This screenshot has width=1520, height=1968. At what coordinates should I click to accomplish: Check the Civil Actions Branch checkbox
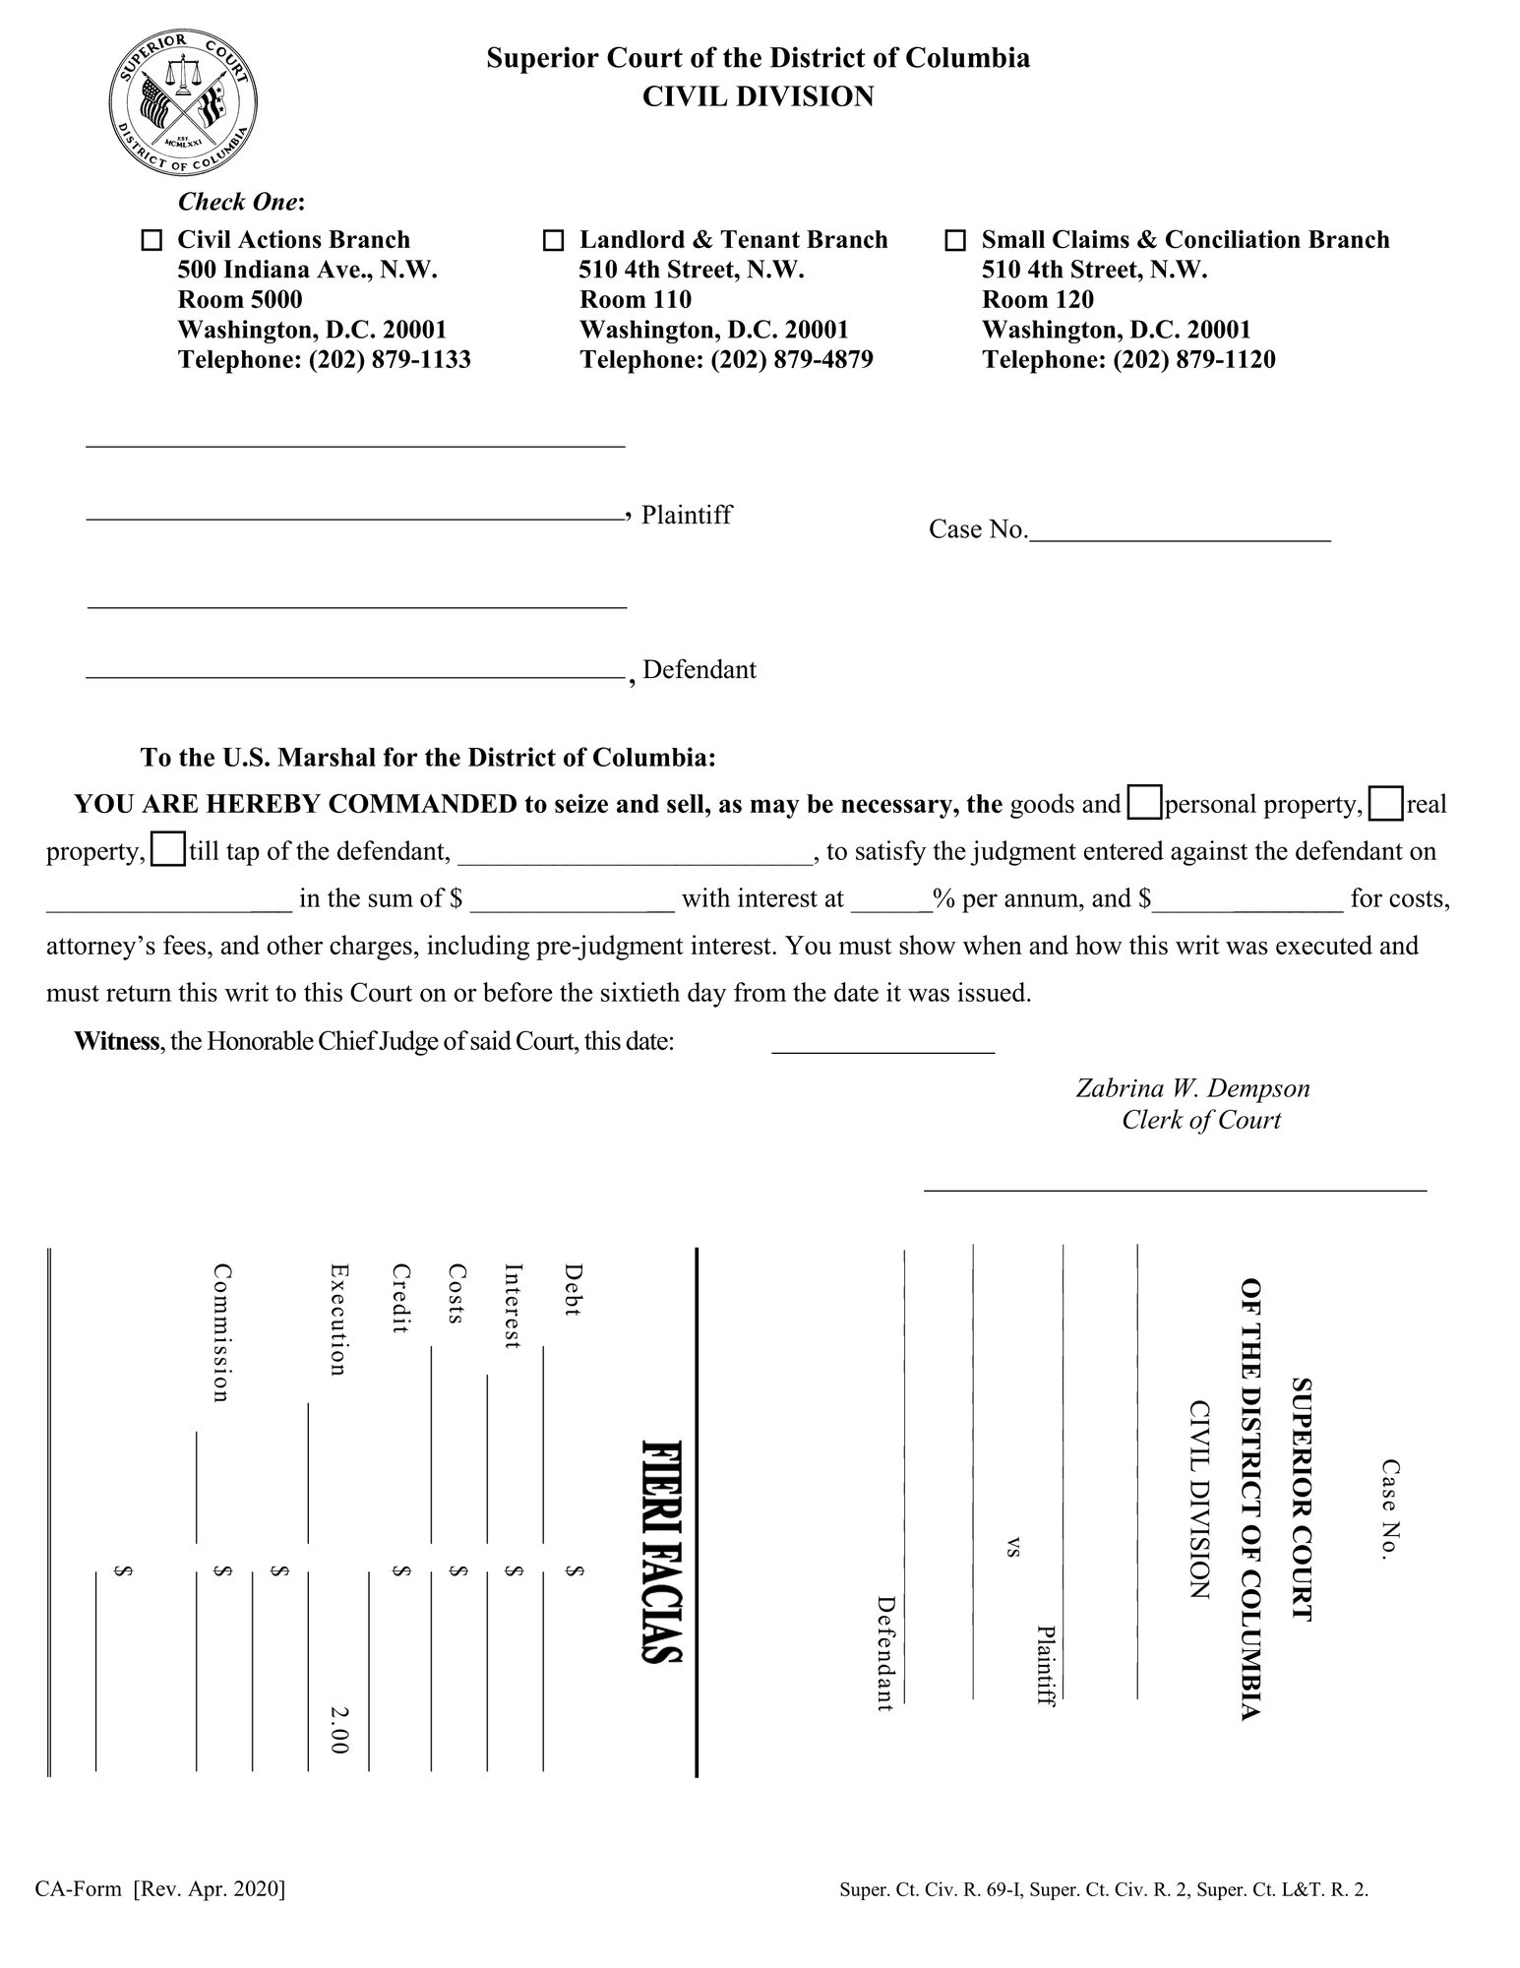tap(152, 240)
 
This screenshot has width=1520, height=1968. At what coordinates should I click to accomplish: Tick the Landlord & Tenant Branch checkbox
tap(554, 240)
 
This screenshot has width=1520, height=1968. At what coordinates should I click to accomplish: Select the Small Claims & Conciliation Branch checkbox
tap(954, 240)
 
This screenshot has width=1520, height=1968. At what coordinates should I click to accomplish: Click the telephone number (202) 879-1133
tap(390, 360)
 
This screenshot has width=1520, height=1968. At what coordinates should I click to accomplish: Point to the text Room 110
tap(635, 300)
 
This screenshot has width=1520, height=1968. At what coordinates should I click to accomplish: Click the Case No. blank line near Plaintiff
tap(1179, 531)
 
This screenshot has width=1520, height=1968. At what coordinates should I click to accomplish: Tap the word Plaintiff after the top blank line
tap(686, 516)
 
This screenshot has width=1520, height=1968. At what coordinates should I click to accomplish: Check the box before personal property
tap(1143, 803)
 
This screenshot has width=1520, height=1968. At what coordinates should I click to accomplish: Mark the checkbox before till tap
tap(169, 849)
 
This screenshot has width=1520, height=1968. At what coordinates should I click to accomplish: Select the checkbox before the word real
tap(1386, 803)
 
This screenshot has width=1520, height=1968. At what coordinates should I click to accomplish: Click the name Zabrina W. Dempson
tap(1192, 1088)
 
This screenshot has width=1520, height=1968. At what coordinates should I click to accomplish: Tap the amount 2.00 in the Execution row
tap(337, 1729)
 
